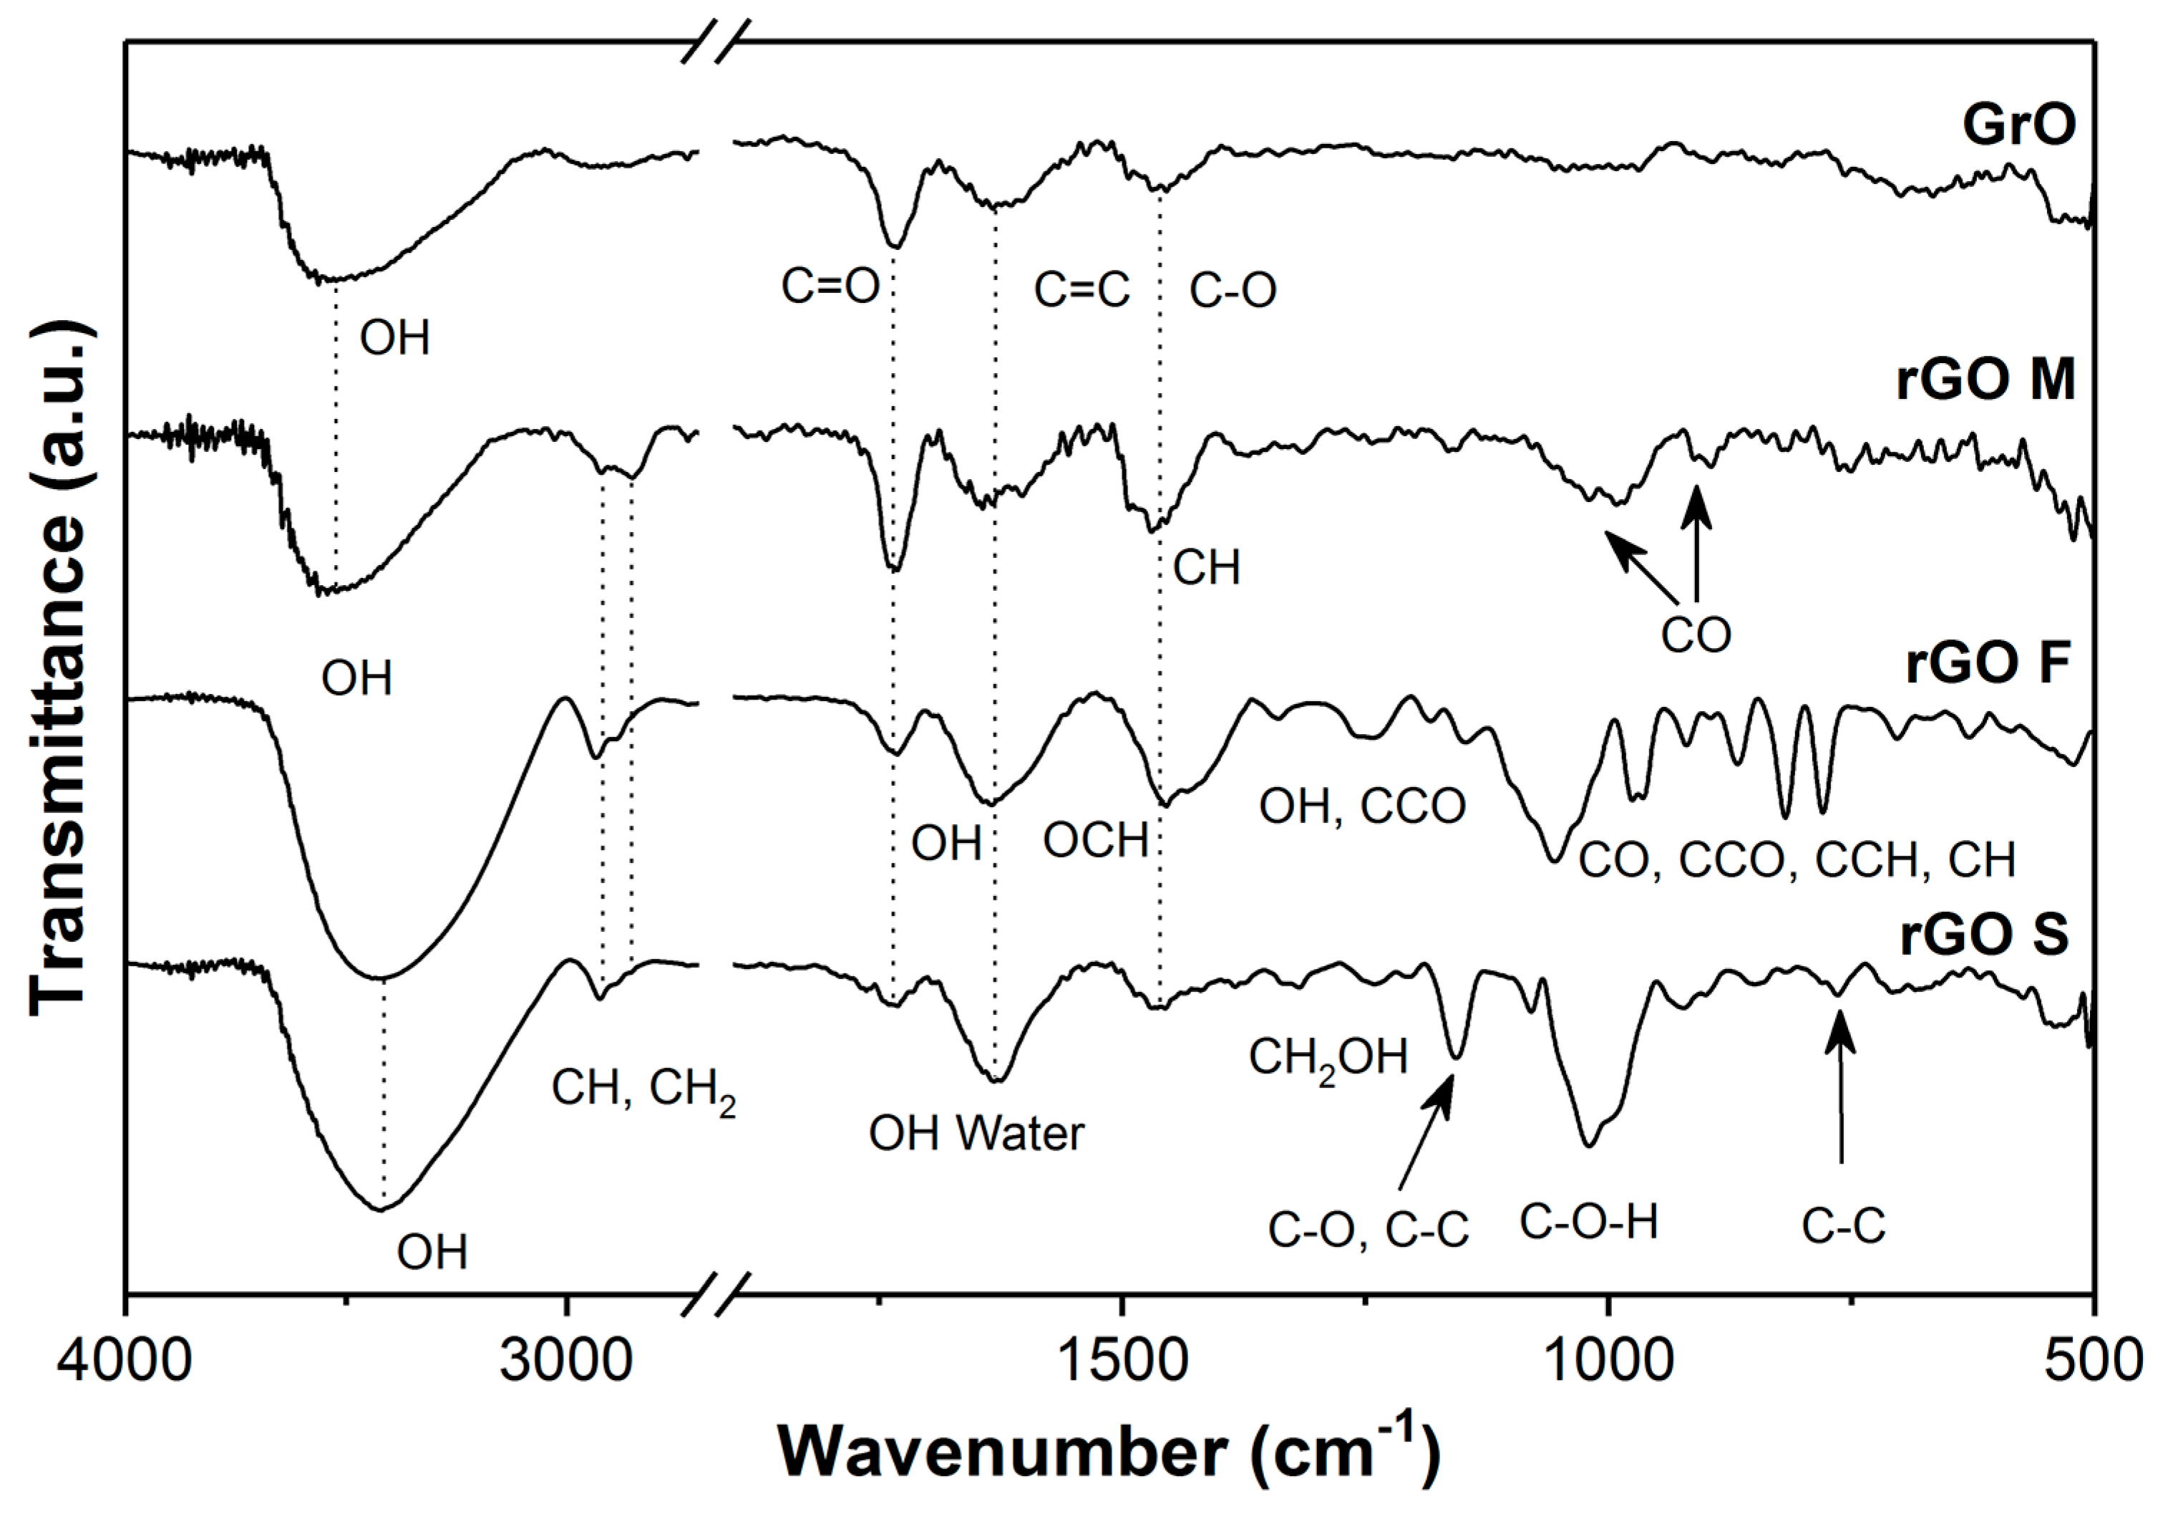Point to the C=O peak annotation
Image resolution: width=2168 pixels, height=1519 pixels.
(x=830, y=286)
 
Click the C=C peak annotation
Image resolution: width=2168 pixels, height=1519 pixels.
(x=1081, y=290)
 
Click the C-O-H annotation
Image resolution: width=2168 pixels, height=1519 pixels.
(x=1589, y=1223)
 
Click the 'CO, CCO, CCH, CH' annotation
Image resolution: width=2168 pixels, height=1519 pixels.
(x=1797, y=859)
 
